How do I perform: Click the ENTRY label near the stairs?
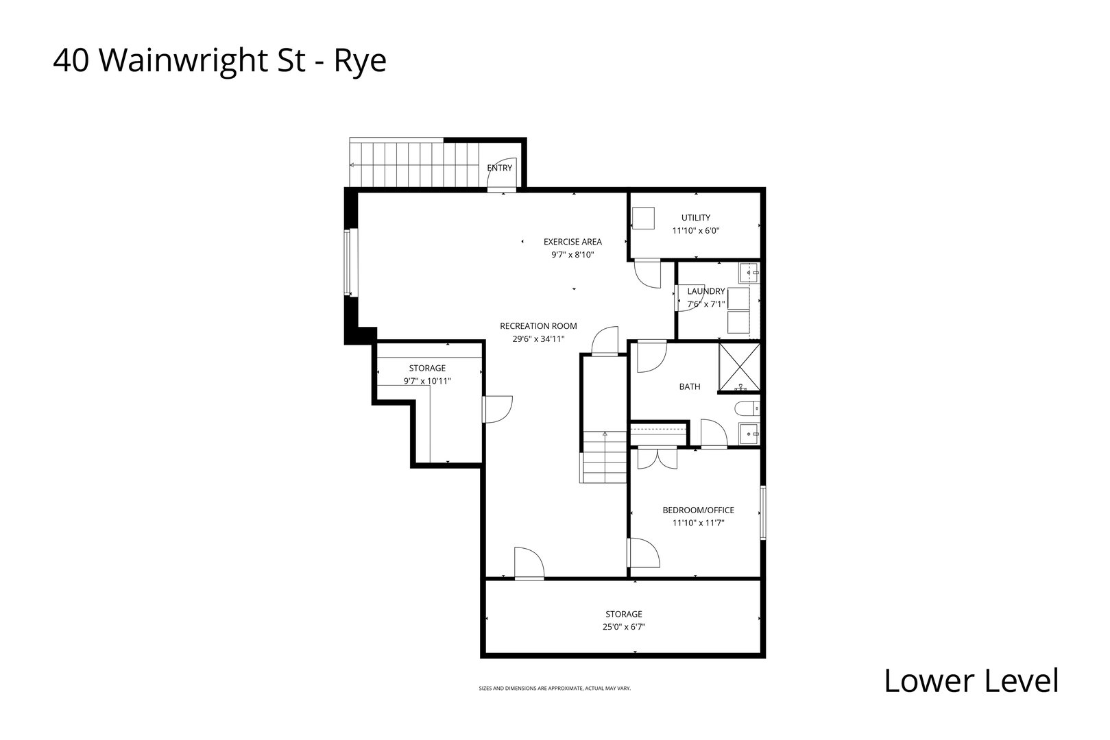pyautogui.click(x=499, y=168)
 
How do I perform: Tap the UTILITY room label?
pyautogui.click(x=695, y=218)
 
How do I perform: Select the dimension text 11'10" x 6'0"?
pyautogui.click(x=695, y=231)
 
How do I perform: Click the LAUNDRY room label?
pyautogui.click(x=705, y=291)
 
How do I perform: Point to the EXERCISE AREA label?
pyautogui.click(x=572, y=241)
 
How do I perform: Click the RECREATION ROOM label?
pyautogui.click(x=538, y=326)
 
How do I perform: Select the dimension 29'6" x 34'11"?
pyautogui.click(x=538, y=338)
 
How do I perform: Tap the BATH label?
pyautogui.click(x=690, y=386)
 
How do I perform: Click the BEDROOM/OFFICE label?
pyautogui.click(x=698, y=510)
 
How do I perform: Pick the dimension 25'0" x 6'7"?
pyautogui.click(x=623, y=626)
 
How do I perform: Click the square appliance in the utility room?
pyautogui.click(x=644, y=219)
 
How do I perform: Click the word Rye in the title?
pyautogui.click(x=360, y=61)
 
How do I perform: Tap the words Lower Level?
pyautogui.click(x=971, y=680)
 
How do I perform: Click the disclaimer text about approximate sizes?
pyautogui.click(x=554, y=688)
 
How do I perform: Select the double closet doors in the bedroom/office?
pyautogui.click(x=657, y=458)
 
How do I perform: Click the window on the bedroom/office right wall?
pyautogui.click(x=762, y=513)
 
